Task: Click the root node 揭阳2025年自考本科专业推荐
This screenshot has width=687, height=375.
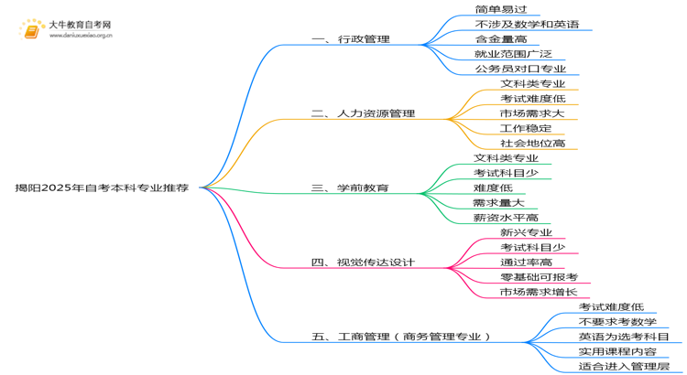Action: pos(102,188)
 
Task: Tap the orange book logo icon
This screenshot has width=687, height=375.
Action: pos(31,30)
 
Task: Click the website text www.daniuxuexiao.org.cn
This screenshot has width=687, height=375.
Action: pos(81,36)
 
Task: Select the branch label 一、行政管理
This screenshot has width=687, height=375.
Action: pos(351,39)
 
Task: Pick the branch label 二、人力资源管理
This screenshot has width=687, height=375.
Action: pos(363,113)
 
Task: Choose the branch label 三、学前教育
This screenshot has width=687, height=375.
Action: pos(350,188)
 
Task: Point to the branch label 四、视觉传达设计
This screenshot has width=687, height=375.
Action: pos(363,262)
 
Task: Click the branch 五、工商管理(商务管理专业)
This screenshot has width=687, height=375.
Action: pos(401,337)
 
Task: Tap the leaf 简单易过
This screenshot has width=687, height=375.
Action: pos(501,9)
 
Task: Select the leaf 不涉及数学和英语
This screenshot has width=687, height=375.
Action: pos(527,24)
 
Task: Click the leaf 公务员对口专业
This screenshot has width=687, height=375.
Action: pos(520,69)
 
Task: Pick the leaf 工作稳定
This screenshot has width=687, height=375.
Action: pos(526,128)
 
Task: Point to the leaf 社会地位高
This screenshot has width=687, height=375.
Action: pos(533,143)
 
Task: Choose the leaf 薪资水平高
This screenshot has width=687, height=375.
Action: pos(506,218)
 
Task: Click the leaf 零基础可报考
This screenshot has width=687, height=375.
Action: pos(539,277)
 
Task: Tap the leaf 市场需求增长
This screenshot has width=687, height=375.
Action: pos(539,292)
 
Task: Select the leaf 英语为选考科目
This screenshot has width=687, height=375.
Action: pos(624,337)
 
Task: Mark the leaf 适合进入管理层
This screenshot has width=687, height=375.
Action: pos(624,366)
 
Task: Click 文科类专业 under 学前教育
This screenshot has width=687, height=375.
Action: pos(506,158)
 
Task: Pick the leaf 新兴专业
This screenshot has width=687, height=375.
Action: pos(526,232)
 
